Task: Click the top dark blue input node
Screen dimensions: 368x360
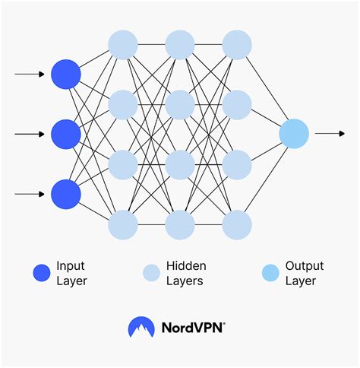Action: (x=66, y=74)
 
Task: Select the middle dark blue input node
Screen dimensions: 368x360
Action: (x=66, y=134)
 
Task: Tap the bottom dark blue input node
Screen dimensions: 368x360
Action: (x=66, y=193)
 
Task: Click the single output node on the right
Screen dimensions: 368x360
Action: (x=294, y=134)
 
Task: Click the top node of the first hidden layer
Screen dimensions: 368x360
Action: (x=123, y=44)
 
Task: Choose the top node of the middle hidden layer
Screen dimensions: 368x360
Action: (x=180, y=44)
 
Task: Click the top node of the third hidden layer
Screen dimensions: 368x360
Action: (x=237, y=44)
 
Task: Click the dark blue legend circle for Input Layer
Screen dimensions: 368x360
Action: (x=42, y=273)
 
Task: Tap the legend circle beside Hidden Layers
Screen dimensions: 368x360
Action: (x=152, y=273)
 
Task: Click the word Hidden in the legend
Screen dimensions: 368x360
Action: (x=187, y=266)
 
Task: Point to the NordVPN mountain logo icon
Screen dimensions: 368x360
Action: (x=142, y=328)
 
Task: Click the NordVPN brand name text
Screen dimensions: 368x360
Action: (x=193, y=328)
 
